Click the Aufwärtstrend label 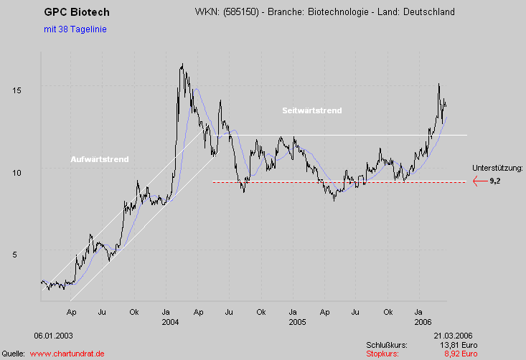(x=99, y=159)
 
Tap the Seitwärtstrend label (x=312, y=110)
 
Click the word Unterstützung (x=497, y=168)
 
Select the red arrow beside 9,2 (x=479, y=181)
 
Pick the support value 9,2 (x=495, y=182)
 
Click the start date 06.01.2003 (x=53, y=336)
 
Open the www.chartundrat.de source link (x=68, y=354)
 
